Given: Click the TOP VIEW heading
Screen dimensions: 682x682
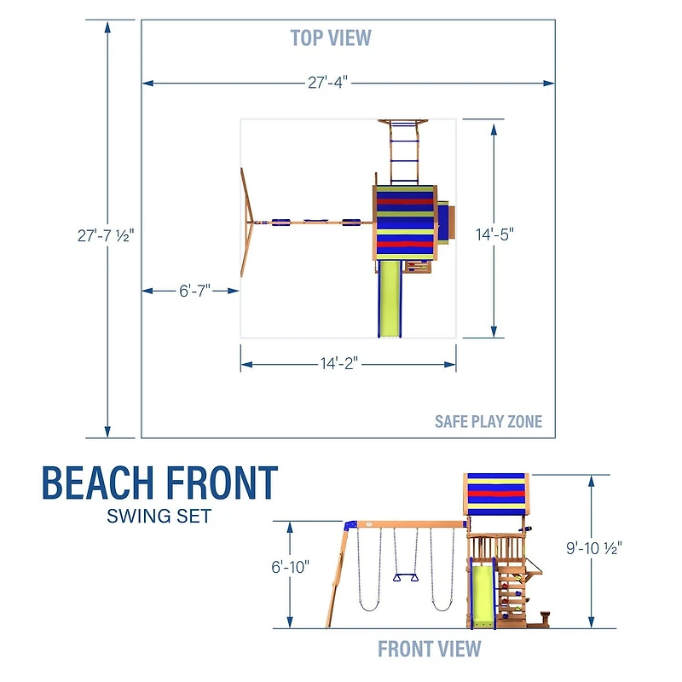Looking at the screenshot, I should pos(331,38).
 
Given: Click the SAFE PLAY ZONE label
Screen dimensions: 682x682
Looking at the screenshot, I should pos(488,421).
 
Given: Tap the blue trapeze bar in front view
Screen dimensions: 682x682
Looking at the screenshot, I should pos(406,579).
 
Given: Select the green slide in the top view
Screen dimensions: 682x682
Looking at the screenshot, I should pos(390,298).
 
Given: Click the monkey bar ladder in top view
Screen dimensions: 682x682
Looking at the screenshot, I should pos(402,153).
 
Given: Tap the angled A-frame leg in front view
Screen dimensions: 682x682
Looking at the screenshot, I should pos(336,580).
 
